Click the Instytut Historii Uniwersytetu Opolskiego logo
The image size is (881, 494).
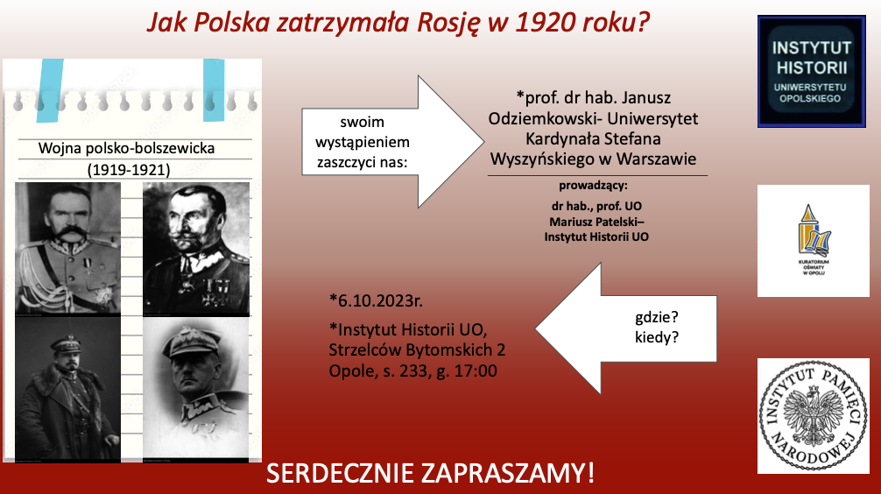pos(811,71)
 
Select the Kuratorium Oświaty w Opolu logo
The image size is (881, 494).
pos(813,241)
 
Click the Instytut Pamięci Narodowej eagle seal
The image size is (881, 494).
pos(813,416)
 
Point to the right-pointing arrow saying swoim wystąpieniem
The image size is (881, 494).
pos(392,142)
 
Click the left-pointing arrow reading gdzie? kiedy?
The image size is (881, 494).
pos(626,328)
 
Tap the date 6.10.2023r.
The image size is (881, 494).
pos(376,300)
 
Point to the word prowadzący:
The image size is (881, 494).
pos(593,186)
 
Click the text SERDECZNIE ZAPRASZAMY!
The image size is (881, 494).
pos(430,473)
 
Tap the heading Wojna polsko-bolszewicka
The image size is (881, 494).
pos(126,148)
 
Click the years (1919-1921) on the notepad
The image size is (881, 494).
pos(129,170)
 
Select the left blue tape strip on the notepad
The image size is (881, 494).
pos(49,90)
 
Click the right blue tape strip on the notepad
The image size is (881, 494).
pos(214,90)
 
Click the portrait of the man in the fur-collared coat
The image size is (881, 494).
pos(68,389)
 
